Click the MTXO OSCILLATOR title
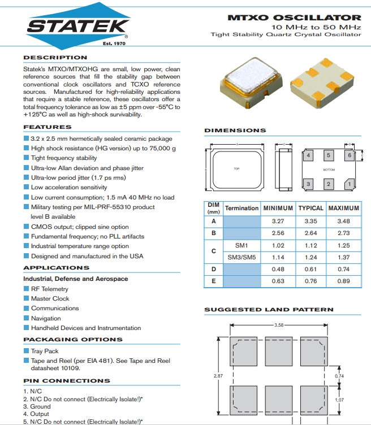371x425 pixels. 294,18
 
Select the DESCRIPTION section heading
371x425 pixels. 55,58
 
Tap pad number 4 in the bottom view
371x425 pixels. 309,155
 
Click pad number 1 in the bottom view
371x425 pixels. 350,184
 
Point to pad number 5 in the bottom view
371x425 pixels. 329,155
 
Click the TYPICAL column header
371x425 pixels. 310,208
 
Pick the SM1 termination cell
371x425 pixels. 241,245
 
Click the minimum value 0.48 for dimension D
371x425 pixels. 278,269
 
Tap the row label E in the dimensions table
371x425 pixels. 213,281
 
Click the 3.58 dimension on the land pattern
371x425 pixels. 278,325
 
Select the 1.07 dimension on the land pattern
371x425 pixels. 339,400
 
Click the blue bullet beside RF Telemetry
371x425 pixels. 26,289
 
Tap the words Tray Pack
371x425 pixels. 45,351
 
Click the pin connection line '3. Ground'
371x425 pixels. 37,406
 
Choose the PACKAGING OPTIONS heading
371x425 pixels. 72,340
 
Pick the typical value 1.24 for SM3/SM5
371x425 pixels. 310,257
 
